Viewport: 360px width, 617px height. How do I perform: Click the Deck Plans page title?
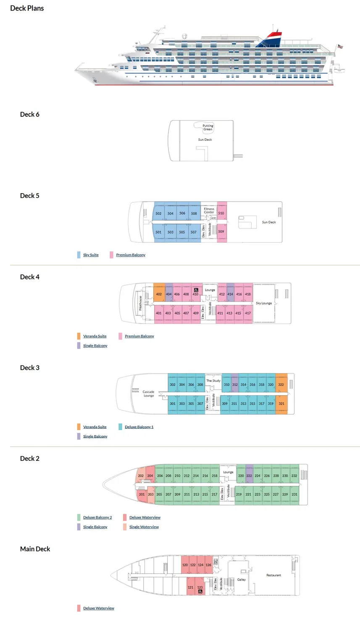point(27,8)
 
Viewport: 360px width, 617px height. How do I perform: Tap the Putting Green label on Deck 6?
point(208,127)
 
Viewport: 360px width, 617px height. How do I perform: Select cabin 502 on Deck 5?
point(158,213)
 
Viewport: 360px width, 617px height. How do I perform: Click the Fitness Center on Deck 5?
point(209,210)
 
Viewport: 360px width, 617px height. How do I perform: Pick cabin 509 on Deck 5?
point(221,231)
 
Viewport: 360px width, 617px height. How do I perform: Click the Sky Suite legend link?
point(91,255)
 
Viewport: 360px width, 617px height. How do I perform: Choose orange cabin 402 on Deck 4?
point(159,294)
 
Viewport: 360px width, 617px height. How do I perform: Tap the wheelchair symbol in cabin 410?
point(196,290)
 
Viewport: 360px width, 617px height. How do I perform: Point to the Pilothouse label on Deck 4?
point(140,303)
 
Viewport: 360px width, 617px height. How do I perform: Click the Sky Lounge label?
point(264,303)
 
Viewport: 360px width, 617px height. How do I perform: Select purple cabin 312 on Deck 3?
point(235,384)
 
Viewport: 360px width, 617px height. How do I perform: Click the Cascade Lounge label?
point(149,394)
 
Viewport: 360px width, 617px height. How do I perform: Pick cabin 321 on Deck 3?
point(281,404)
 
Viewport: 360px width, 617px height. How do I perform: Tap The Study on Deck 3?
point(213,381)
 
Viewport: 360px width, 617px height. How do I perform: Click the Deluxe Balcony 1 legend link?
point(139,427)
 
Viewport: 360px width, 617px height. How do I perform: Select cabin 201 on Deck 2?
point(142,494)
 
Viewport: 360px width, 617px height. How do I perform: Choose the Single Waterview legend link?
point(144,527)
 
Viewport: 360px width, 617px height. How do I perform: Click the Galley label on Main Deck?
point(242,580)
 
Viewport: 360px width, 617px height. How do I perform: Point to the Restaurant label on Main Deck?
point(273,575)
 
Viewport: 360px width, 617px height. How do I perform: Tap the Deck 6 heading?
point(30,114)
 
